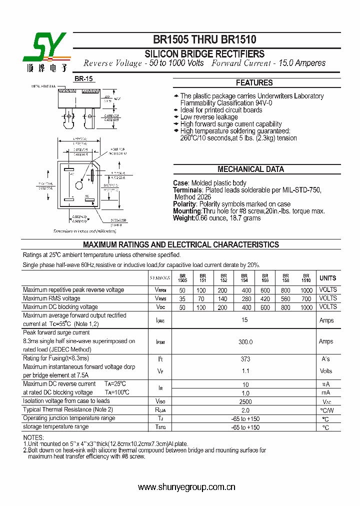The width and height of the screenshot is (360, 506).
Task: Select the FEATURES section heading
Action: click(x=254, y=83)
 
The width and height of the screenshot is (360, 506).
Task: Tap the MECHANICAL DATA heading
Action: click(x=250, y=169)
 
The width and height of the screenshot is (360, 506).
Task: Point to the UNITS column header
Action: click(x=328, y=278)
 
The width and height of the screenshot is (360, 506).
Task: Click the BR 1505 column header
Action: click(x=182, y=278)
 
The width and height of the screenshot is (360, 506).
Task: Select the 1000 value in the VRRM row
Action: click(x=306, y=290)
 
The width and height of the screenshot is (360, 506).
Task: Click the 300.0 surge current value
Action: click(x=244, y=341)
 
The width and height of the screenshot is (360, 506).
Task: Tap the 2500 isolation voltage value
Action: click(x=244, y=401)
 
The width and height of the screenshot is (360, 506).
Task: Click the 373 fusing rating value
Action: click(x=244, y=359)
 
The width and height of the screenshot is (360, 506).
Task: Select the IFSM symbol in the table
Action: click(x=160, y=341)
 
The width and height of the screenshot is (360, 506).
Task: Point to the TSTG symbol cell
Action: click(x=160, y=427)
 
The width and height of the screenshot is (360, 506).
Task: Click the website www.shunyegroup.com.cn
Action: click(x=186, y=487)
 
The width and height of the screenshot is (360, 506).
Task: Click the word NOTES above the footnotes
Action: click(x=34, y=437)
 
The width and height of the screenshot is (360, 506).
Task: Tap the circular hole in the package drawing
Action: click(x=78, y=186)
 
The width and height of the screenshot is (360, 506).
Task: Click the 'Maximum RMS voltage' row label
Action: click(x=51, y=298)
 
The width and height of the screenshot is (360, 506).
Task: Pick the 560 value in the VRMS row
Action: click(x=285, y=298)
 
